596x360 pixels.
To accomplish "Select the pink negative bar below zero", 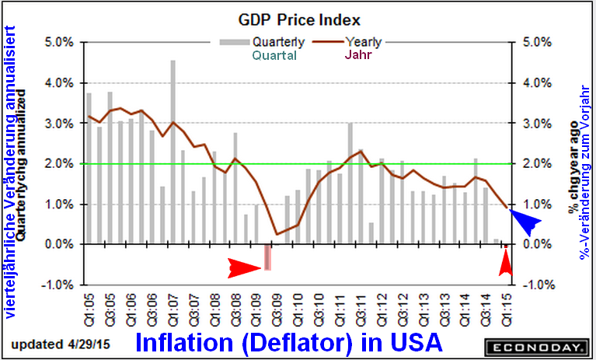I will [267, 257].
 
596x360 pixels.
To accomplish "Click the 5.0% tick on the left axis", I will [59, 41].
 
